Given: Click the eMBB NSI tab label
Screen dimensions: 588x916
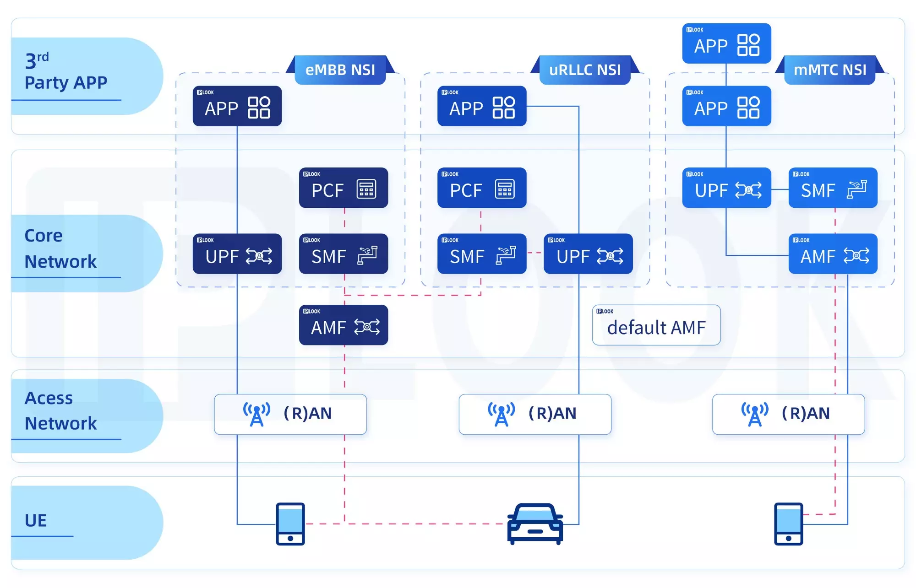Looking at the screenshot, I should coord(340,70).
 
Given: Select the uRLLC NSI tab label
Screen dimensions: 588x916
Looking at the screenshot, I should coord(585,70).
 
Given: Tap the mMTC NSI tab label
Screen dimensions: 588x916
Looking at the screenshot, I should coord(829,70).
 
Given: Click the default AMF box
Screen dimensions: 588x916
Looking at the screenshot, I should coord(656,325).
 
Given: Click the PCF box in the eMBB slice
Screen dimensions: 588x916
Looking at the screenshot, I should coord(343,188).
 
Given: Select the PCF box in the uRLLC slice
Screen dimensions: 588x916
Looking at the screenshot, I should coord(482,188).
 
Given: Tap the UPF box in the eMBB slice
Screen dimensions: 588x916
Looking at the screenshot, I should coord(237,254).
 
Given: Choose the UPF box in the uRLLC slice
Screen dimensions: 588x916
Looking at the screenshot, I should coord(588,254).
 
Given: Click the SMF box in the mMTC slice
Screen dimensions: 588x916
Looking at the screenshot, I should coord(833,188).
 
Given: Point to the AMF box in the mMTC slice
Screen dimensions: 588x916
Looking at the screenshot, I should coord(833,254).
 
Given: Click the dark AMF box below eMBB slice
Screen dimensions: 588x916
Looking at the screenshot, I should coord(343,325).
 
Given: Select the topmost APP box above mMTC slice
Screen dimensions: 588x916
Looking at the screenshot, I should coord(726,43).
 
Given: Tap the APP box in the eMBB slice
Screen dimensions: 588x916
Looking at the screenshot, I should coord(237,106).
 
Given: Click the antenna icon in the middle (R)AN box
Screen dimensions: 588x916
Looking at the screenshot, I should coord(501,414).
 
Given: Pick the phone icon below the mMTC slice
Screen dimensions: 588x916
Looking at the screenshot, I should coord(788,524).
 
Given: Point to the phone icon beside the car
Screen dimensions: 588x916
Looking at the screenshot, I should coord(290,524).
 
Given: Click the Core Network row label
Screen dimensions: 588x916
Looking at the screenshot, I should coord(60,248).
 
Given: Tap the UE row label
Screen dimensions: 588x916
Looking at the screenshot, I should coord(36,520).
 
